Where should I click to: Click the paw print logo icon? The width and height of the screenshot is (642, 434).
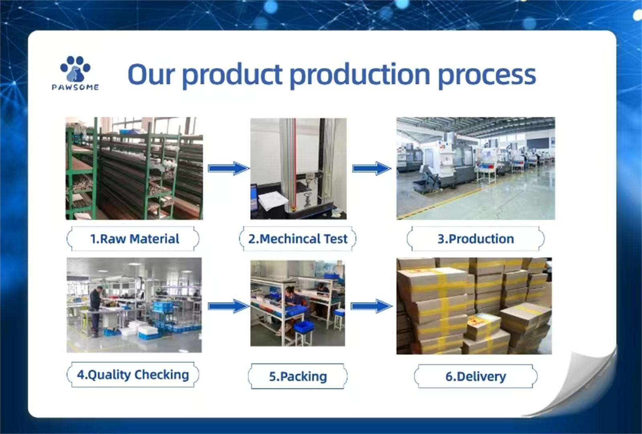75,69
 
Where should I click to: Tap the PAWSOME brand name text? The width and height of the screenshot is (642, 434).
75,87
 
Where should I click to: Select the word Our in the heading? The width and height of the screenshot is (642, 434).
151,75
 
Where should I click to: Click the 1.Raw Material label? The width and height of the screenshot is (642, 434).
134,239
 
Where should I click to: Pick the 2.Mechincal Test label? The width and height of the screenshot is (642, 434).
297,239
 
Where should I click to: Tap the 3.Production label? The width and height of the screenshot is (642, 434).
475,239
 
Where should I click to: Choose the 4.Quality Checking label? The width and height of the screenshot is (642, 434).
133,375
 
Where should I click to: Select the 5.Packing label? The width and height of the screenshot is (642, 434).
298,377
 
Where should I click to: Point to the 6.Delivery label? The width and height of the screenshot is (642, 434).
475,377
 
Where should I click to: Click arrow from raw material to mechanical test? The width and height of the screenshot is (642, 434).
228,168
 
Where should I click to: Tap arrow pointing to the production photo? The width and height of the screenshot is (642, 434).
372,168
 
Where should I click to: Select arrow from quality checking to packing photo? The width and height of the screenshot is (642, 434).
228,306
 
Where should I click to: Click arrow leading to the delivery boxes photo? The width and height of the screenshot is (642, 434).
372,306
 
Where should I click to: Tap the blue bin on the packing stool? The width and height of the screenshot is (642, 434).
304,327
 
